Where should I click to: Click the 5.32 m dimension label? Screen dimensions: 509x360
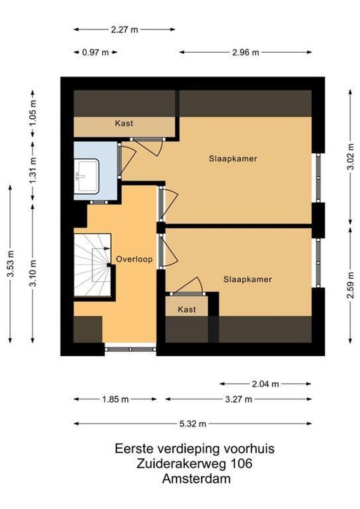(192, 424)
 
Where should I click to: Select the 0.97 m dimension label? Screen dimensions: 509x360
(95, 52)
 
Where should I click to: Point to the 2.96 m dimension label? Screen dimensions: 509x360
(245, 52)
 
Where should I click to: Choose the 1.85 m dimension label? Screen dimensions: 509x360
(115, 399)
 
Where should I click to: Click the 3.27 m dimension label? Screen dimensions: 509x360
(238, 399)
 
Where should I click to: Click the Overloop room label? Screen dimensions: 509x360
(134, 259)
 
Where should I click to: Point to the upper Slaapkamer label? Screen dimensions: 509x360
(233, 159)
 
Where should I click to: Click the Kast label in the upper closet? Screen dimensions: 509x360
(124, 123)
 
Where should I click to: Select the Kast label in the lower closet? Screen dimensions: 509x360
(187, 310)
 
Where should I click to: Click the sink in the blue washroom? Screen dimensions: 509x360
(87, 175)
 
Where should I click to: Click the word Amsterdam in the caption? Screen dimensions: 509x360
(196, 479)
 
